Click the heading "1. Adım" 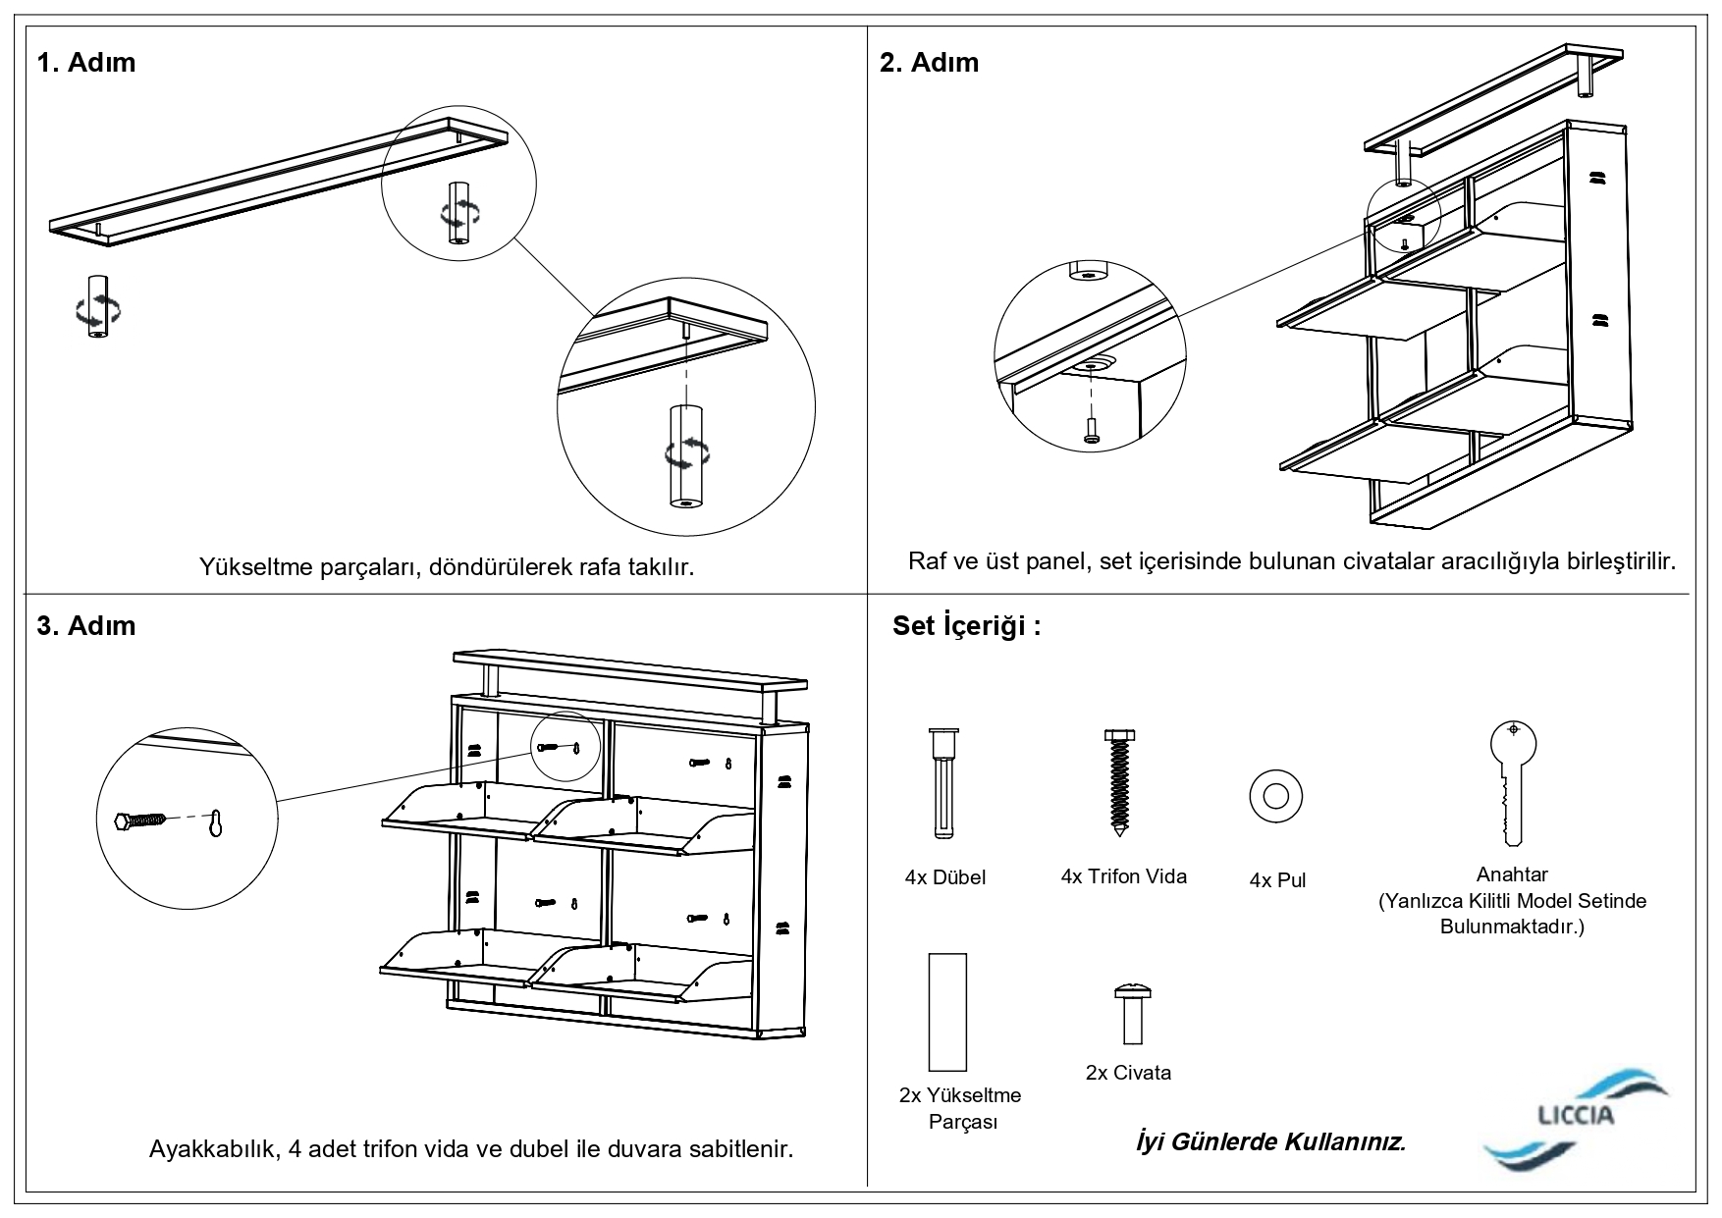[86, 63]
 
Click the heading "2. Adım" [929, 63]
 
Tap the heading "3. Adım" [86, 626]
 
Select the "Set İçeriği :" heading [966, 626]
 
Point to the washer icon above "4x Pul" [1275, 795]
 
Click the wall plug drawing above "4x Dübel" [943, 783]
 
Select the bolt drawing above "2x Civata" [1130, 1015]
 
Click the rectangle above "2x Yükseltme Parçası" [947, 1011]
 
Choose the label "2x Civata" [1128, 1073]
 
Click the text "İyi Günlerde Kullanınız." [1270, 1142]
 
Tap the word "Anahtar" [1512, 874]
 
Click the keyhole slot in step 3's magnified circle [217, 824]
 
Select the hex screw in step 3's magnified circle [137, 821]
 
